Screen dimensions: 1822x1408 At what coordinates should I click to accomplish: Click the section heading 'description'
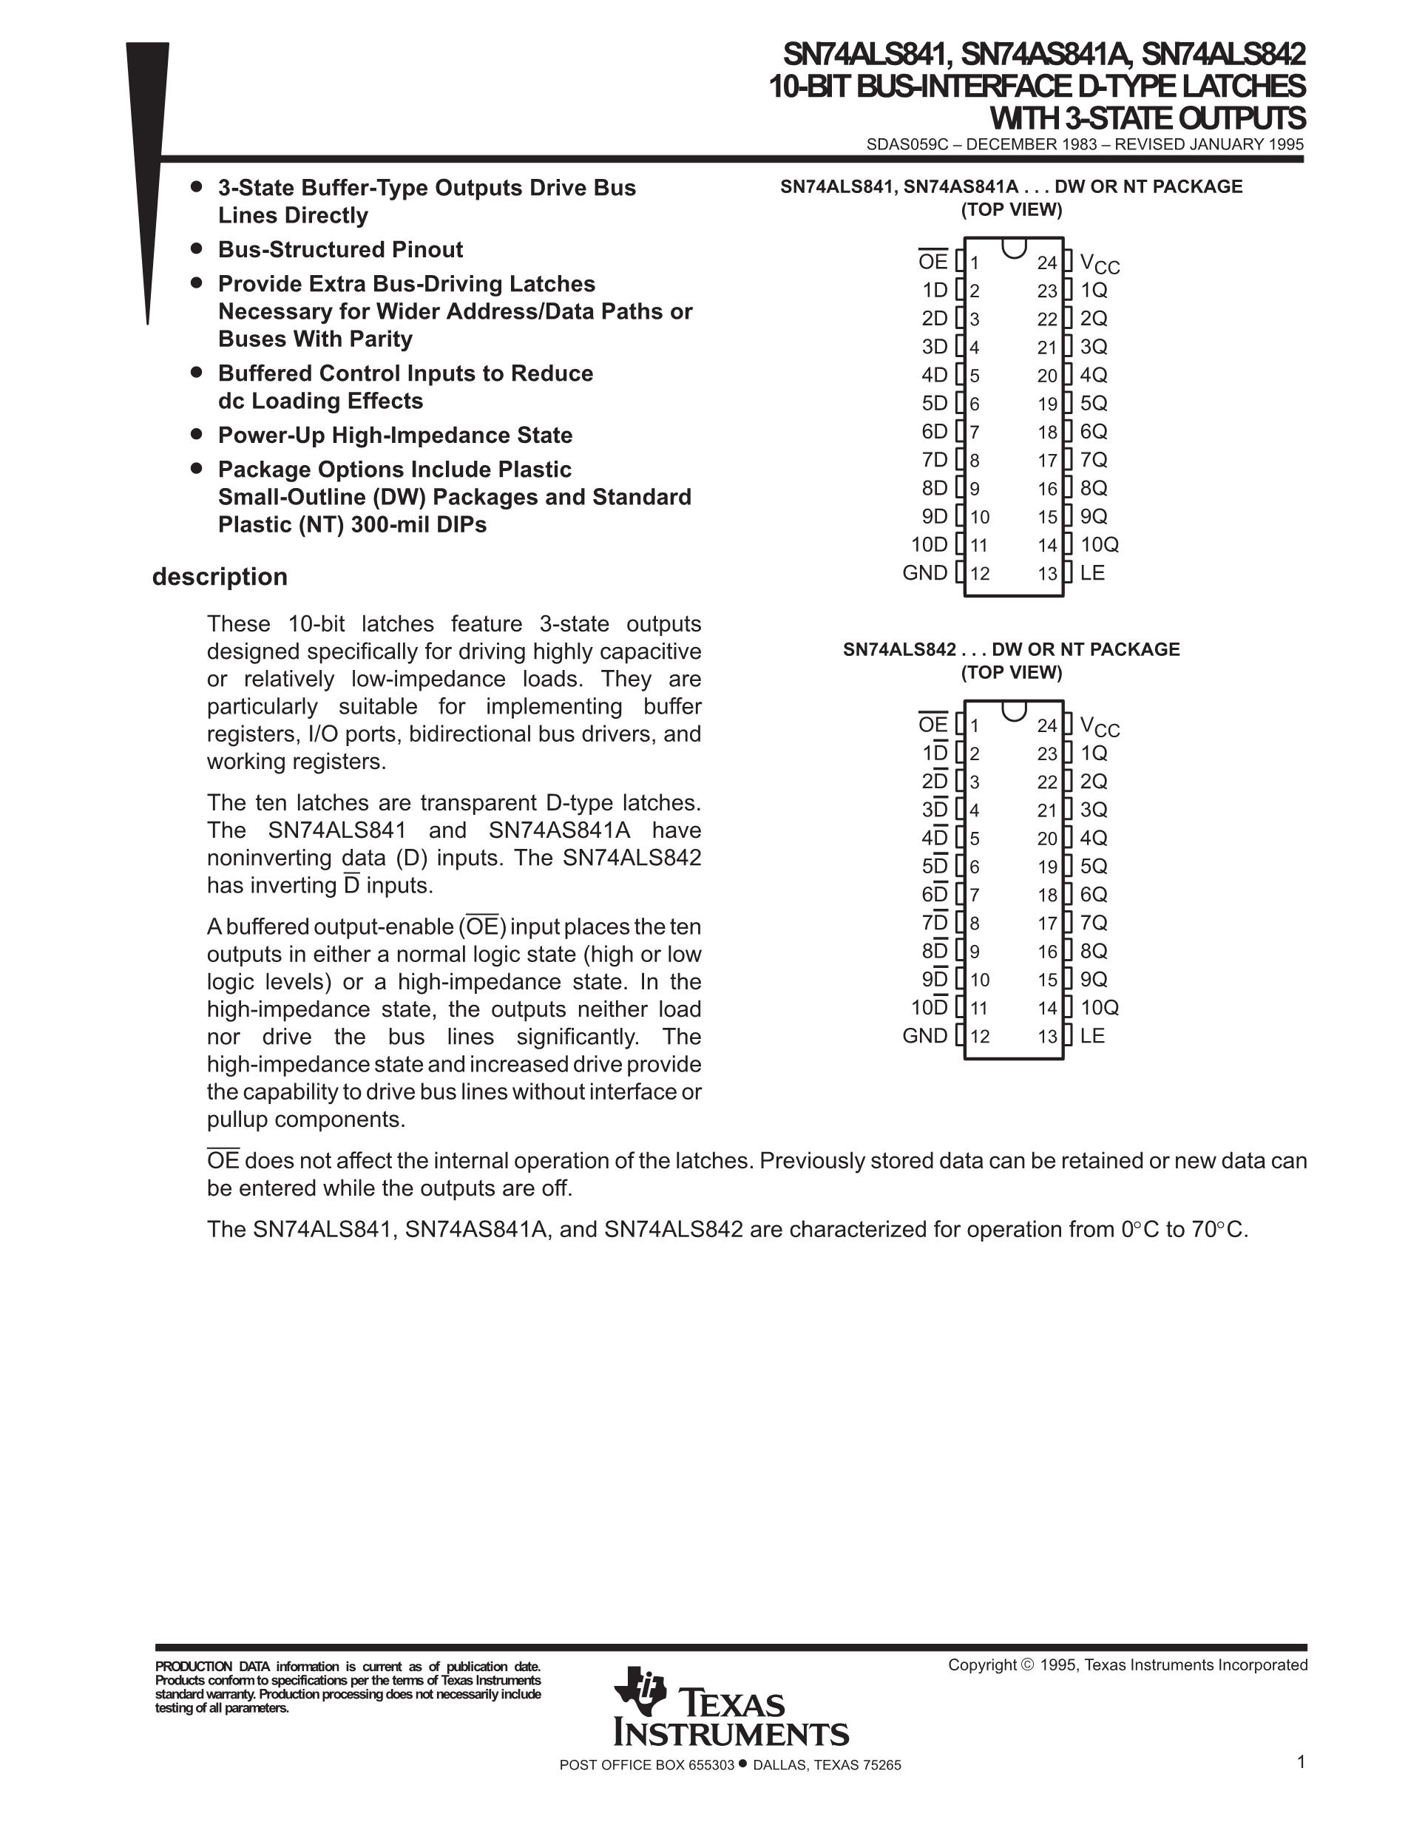(220, 577)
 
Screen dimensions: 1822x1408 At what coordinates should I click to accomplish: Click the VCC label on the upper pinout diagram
(1100, 264)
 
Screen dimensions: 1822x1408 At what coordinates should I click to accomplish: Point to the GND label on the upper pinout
(925, 573)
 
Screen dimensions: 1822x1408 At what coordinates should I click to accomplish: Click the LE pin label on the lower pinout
(1092, 1036)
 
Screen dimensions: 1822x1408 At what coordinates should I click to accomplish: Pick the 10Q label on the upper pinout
(1100, 545)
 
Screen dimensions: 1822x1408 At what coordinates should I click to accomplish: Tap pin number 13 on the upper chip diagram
(1048, 574)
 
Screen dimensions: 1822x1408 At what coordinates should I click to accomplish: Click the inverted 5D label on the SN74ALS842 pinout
(935, 867)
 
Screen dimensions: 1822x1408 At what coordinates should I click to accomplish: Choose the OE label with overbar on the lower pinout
(933, 725)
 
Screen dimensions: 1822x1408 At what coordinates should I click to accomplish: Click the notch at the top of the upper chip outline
(1013, 248)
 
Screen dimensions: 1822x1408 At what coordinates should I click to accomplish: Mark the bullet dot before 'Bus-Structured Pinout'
(197, 248)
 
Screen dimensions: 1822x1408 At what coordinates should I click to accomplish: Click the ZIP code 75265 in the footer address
(882, 1765)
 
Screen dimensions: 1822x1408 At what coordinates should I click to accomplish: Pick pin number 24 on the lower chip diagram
(1047, 726)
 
